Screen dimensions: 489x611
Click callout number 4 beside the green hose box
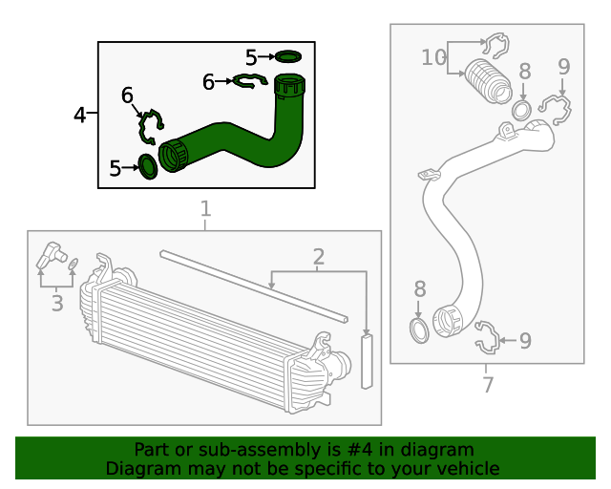tap(80, 116)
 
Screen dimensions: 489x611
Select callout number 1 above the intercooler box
tap(204, 209)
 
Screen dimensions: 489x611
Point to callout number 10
tap(433, 57)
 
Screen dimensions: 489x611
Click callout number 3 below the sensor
tap(57, 304)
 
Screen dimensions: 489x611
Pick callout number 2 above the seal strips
tap(318, 256)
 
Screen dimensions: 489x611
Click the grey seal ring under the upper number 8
tap(522, 110)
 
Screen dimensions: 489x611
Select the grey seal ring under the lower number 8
tap(419, 330)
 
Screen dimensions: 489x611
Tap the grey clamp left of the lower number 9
tap(486, 337)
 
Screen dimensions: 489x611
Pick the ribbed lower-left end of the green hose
tap(173, 155)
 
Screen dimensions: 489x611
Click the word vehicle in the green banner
tap(465, 468)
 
